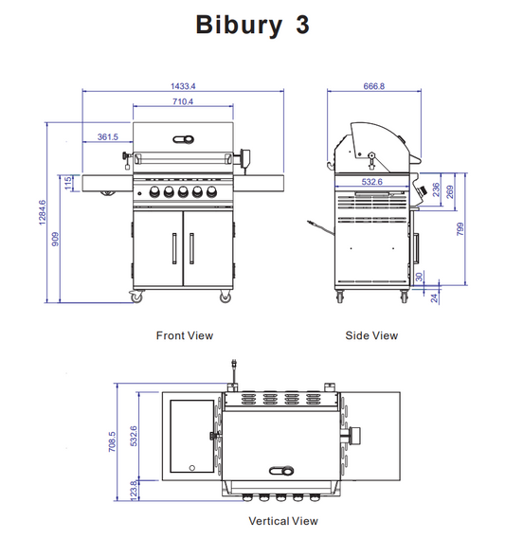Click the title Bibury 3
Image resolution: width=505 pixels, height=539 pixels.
tap(252, 26)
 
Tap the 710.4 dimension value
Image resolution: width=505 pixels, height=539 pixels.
tap(183, 101)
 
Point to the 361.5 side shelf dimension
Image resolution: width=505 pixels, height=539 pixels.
tap(108, 137)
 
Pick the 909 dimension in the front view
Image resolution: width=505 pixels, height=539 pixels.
tap(56, 239)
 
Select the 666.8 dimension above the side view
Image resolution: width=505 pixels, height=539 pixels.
tap(374, 86)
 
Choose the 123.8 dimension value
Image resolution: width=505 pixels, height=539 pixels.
tap(134, 490)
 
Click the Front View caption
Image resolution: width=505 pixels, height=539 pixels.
tap(185, 335)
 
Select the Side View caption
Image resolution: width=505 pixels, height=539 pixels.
tap(371, 335)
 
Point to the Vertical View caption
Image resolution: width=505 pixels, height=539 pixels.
tap(282, 521)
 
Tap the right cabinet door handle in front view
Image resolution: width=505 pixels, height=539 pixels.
tap(192, 247)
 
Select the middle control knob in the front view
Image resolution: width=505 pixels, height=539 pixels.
tap(182, 193)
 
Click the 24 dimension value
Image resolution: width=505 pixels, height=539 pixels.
tap(435, 297)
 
